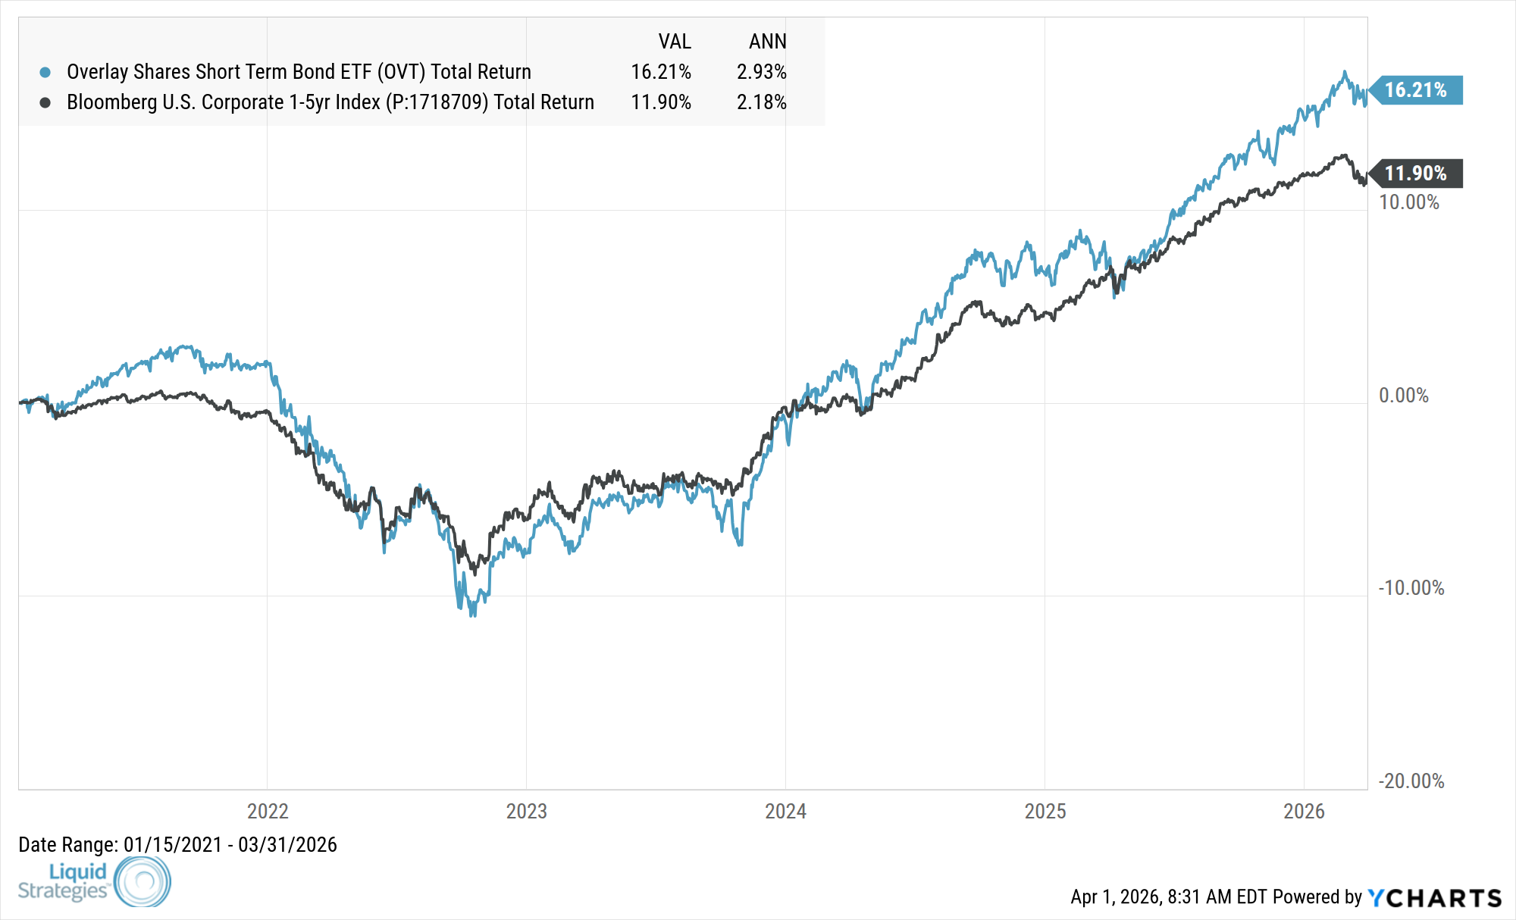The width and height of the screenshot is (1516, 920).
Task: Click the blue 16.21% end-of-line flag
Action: tap(1415, 90)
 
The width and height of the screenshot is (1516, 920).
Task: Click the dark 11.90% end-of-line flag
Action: tap(1415, 174)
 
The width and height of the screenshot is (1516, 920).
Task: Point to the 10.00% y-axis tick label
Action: tap(1408, 202)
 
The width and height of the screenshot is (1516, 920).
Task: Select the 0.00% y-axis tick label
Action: tap(1403, 396)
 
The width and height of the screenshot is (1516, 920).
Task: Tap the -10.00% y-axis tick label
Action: tap(1411, 588)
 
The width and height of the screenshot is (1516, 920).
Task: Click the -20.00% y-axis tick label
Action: tap(1411, 781)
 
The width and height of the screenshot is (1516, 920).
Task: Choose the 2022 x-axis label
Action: tap(268, 812)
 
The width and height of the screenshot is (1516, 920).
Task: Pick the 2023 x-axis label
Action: tap(526, 812)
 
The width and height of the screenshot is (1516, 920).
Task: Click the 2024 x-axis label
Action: tap(785, 812)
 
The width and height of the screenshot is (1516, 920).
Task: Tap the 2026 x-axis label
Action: tap(1304, 812)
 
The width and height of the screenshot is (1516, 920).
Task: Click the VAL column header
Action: tap(674, 42)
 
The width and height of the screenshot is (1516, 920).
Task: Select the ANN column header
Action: tap(767, 42)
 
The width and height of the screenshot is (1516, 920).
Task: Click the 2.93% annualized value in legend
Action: tap(761, 72)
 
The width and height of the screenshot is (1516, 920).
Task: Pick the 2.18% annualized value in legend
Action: tap(761, 102)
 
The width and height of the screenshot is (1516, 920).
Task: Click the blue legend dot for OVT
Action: tap(45, 73)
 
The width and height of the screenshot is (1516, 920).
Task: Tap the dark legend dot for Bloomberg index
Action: tap(45, 102)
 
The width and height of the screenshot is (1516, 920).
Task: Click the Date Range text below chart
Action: tap(177, 845)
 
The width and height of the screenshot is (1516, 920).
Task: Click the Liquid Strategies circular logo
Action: tap(142, 881)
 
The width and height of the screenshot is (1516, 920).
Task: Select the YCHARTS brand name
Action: tap(1435, 898)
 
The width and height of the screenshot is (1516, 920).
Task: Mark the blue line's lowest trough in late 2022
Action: tap(473, 615)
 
